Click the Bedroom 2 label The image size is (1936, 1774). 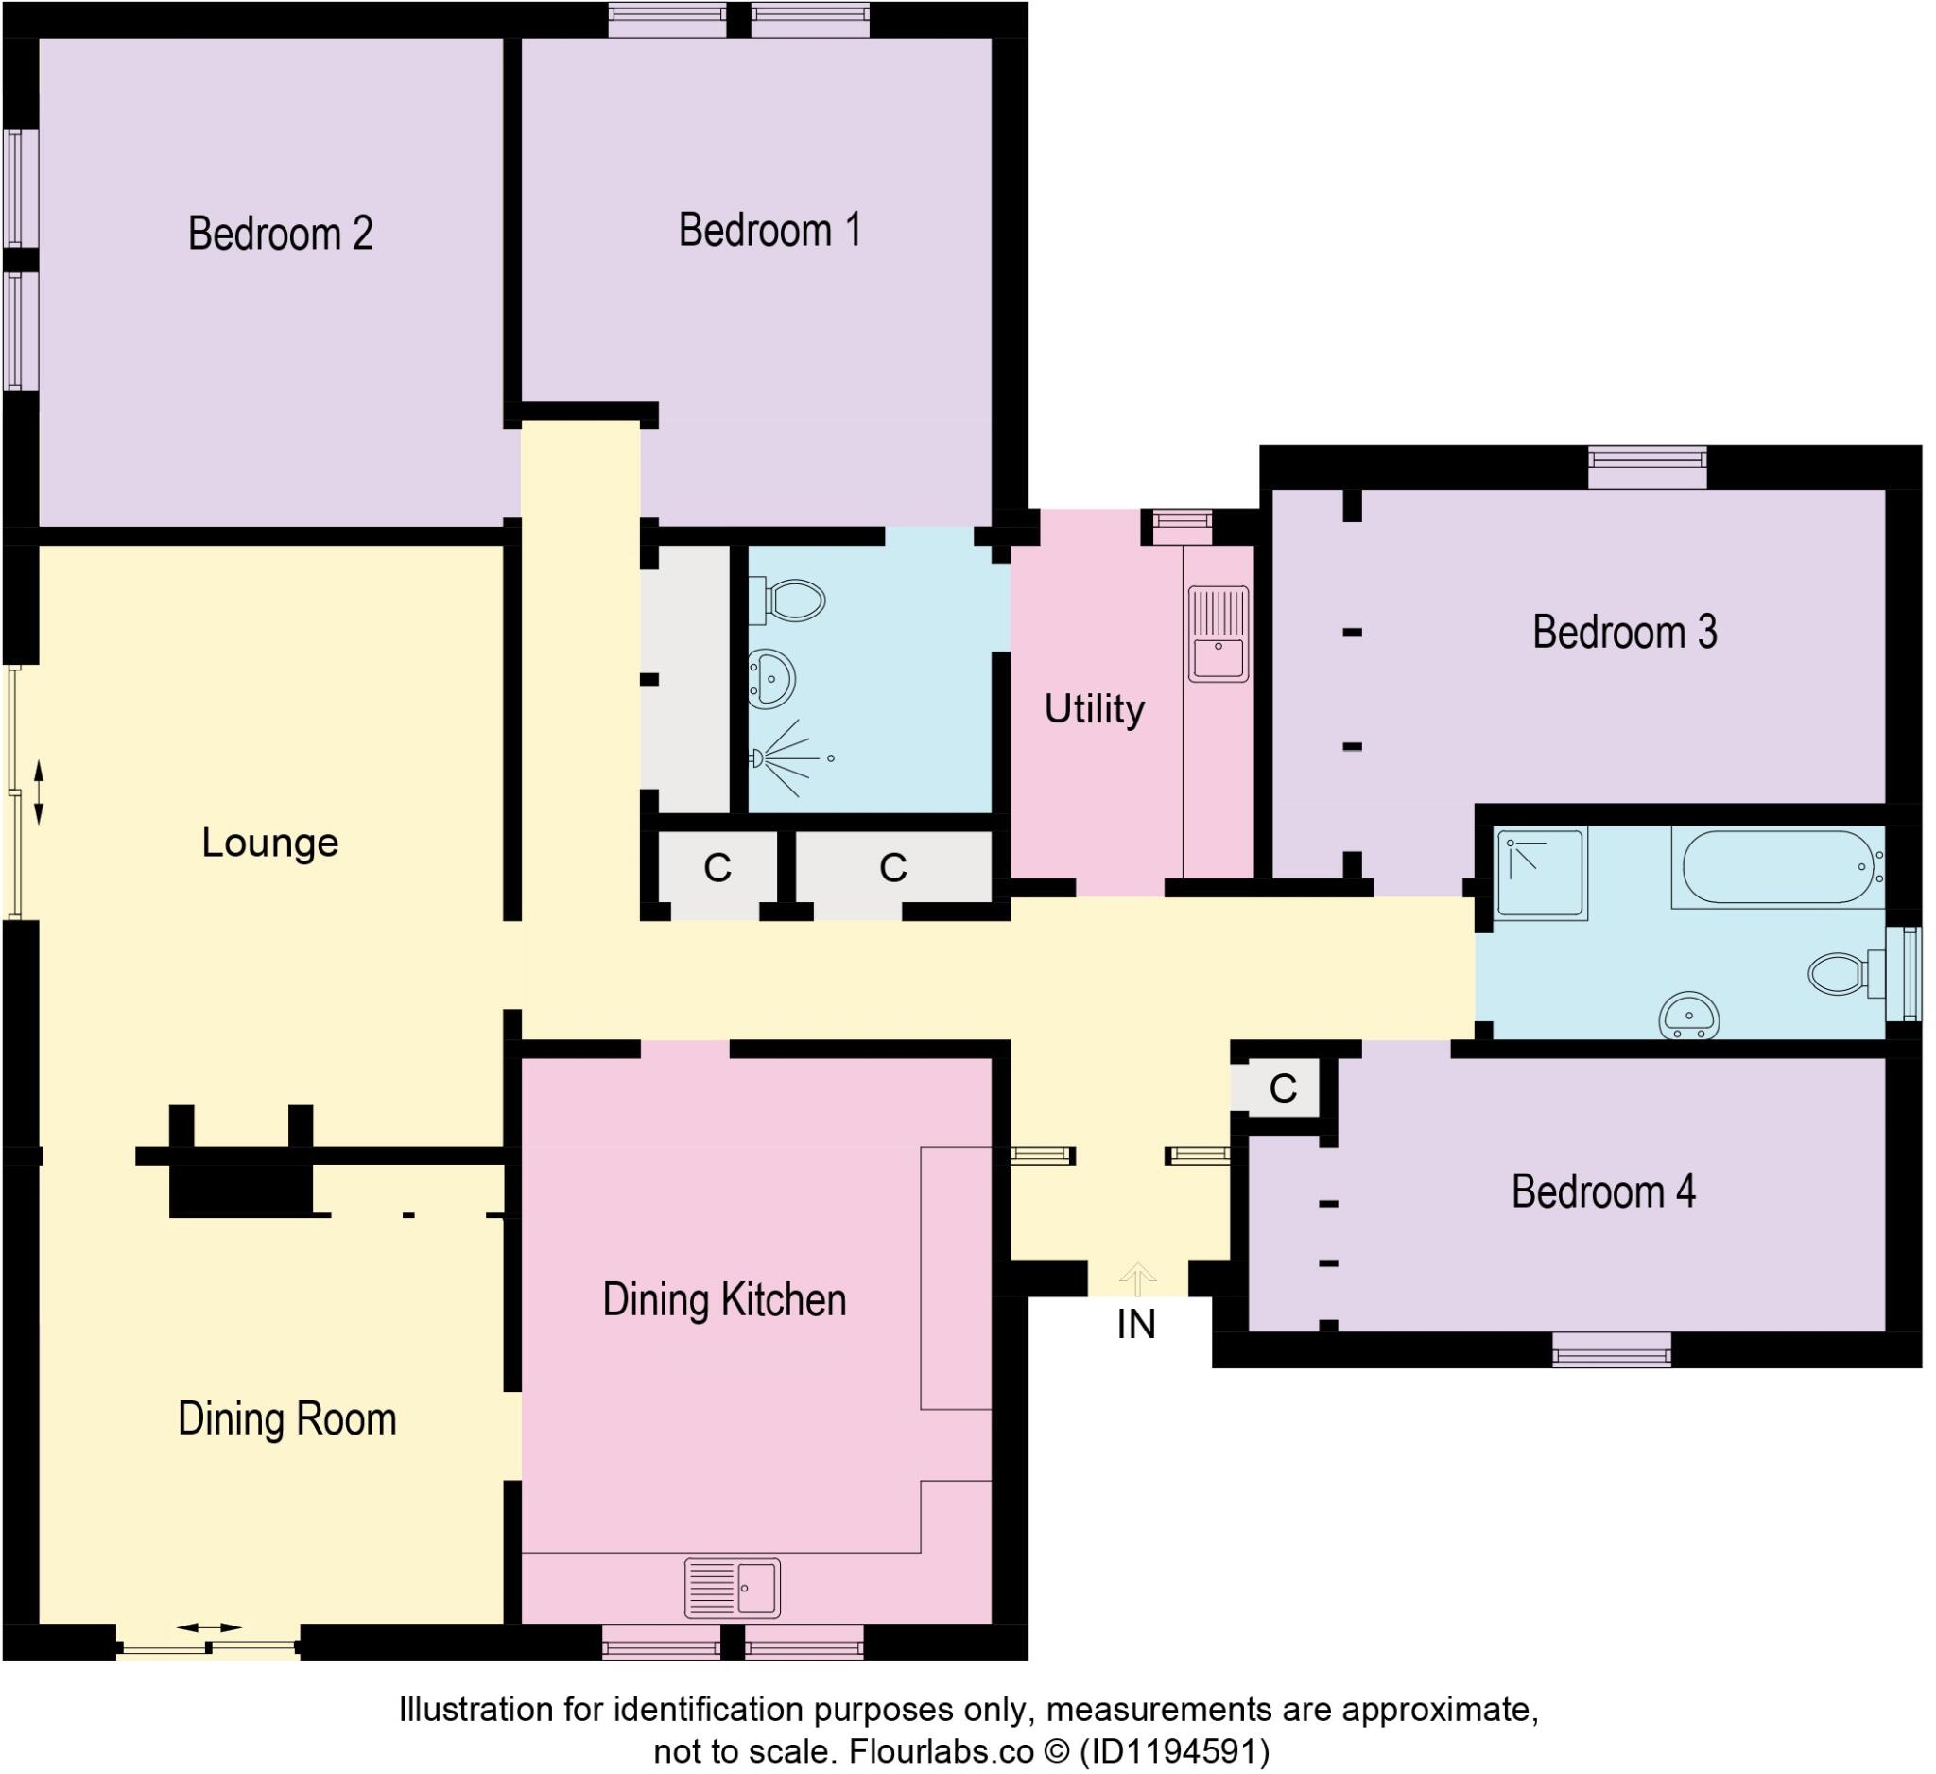pyautogui.click(x=280, y=234)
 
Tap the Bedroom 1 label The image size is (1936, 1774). pyautogui.click(x=769, y=231)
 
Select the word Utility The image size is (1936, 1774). pyautogui.click(x=1094, y=710)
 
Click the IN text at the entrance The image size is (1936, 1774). pyautogui.click(x=1136, y=1326)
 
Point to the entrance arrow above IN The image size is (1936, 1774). pyautogui.click(x=1138, y=1278)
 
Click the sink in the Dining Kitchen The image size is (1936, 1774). pyautogui.click(x=732, y=1589)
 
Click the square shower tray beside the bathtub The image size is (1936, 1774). pyautogui.click(x=1541, y=873)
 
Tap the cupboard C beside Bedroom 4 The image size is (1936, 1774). pyautogui.click(x=1282, y=1089)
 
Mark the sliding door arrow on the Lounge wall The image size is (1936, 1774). pyautogui.click(x=39, y=793)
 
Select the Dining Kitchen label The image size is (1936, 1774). pyautogui.click(x=724, y=1300)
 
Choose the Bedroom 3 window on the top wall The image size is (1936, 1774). pyautogui.click(x=1647, y=467)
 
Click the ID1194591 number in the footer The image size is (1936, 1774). pyautogui.click(x=1174, y=1752)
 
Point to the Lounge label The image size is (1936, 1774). pyautogui.click(x=269, y=844)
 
